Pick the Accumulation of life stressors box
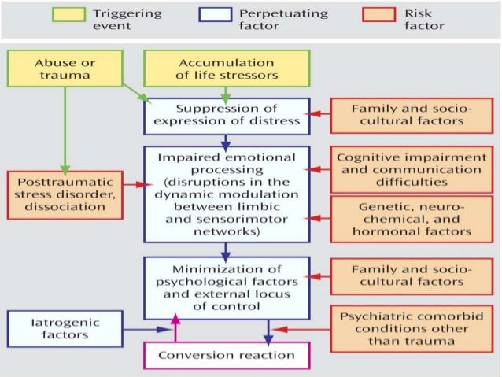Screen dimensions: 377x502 [x=227, y=68]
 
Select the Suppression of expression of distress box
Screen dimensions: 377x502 [x=227, y=115]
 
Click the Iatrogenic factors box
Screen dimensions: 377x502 [x=66, y=327]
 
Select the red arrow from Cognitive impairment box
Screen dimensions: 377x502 [x=318, y=169]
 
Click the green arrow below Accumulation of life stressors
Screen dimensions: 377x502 [x=227, y=94]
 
